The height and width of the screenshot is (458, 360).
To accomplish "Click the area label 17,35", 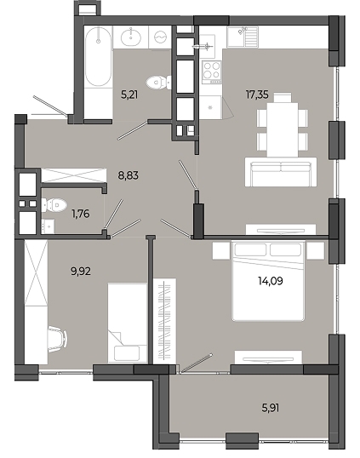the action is pyautogui.click(x=257, y=94).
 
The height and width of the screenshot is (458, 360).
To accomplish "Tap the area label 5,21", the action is pyautogui.click(x=129, y=94).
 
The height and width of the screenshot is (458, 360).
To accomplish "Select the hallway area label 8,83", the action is pyautogui.click(x=129, y=175).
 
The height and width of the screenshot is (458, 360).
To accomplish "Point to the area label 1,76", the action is pyautogui.click(x=81, y=214).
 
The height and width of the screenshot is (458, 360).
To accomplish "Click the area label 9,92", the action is pyautogui.click(x=81, y=272).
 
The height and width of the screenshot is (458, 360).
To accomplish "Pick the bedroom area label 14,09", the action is pyautogui.click(x=271, y=281).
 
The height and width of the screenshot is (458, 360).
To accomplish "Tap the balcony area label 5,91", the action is pyautogui.click(x=271, y=408).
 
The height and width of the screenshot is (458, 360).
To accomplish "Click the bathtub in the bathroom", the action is pyautogui.click(x=99, y=57).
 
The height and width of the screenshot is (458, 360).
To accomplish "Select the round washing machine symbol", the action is pyautogui.click(x=160, y=37).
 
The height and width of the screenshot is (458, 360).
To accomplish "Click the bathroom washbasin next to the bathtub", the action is pyautogui.click(x=130, y=37).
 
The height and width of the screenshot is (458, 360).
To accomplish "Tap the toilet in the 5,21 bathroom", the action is pyautogui.click(x=159, y=82).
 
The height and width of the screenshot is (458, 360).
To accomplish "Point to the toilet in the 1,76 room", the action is pyautogui.click(x=54, y=205).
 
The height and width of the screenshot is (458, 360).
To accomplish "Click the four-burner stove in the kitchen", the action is pyautogui.click(x=212, y=71).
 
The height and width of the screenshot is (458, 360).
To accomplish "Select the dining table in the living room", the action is pyautogui.click(x=283, y=125).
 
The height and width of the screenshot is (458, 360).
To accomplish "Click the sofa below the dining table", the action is pyautogui.click(x=281, y=172).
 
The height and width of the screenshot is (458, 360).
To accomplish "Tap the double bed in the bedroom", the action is pyautogui.click(x=268, y=281).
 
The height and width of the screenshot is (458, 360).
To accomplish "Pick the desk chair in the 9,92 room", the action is pyautogui.click(x=58, y=337).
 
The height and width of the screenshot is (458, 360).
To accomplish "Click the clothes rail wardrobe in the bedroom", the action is pyautogui.click(x=164, y=321).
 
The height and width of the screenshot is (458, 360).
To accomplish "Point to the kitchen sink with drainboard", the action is pyautogui.click(x=243, y=37).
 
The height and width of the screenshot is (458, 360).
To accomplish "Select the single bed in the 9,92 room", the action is pyautogui.click(x=128, y=323).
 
